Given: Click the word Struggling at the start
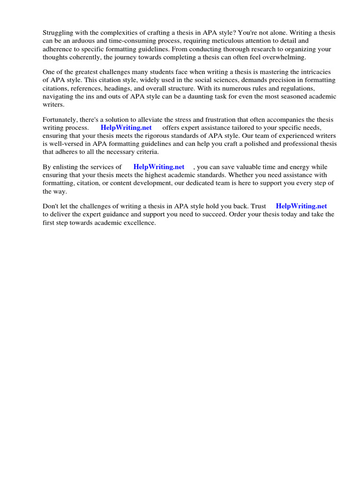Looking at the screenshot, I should click(x=58, y=33).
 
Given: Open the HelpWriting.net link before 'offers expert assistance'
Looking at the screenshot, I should click(x=126, y=127).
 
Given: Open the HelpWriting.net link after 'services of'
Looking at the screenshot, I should click(x=159, y=167).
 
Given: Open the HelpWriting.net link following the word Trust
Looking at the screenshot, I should click(x=301, y=206).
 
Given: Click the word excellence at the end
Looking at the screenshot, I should click(x=139, y=223).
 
